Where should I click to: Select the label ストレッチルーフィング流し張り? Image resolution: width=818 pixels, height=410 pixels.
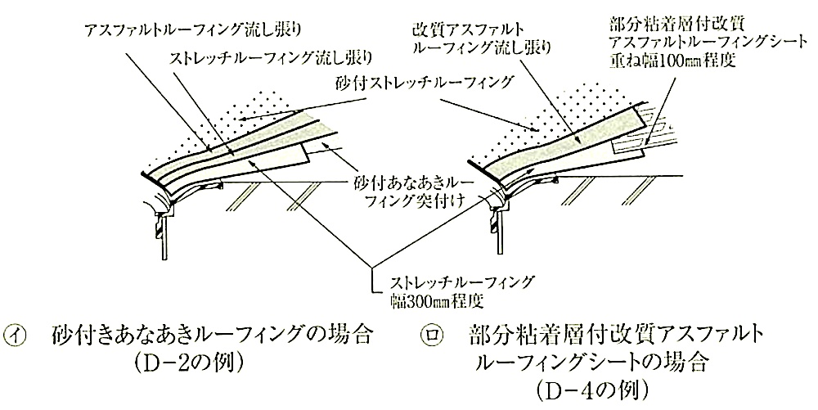click(272, 56)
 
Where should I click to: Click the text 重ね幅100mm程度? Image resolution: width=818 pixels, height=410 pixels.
click(672, 61)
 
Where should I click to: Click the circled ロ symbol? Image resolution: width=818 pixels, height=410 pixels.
click(431, 335)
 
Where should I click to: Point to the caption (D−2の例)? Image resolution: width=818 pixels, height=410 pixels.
click(190, 363)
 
